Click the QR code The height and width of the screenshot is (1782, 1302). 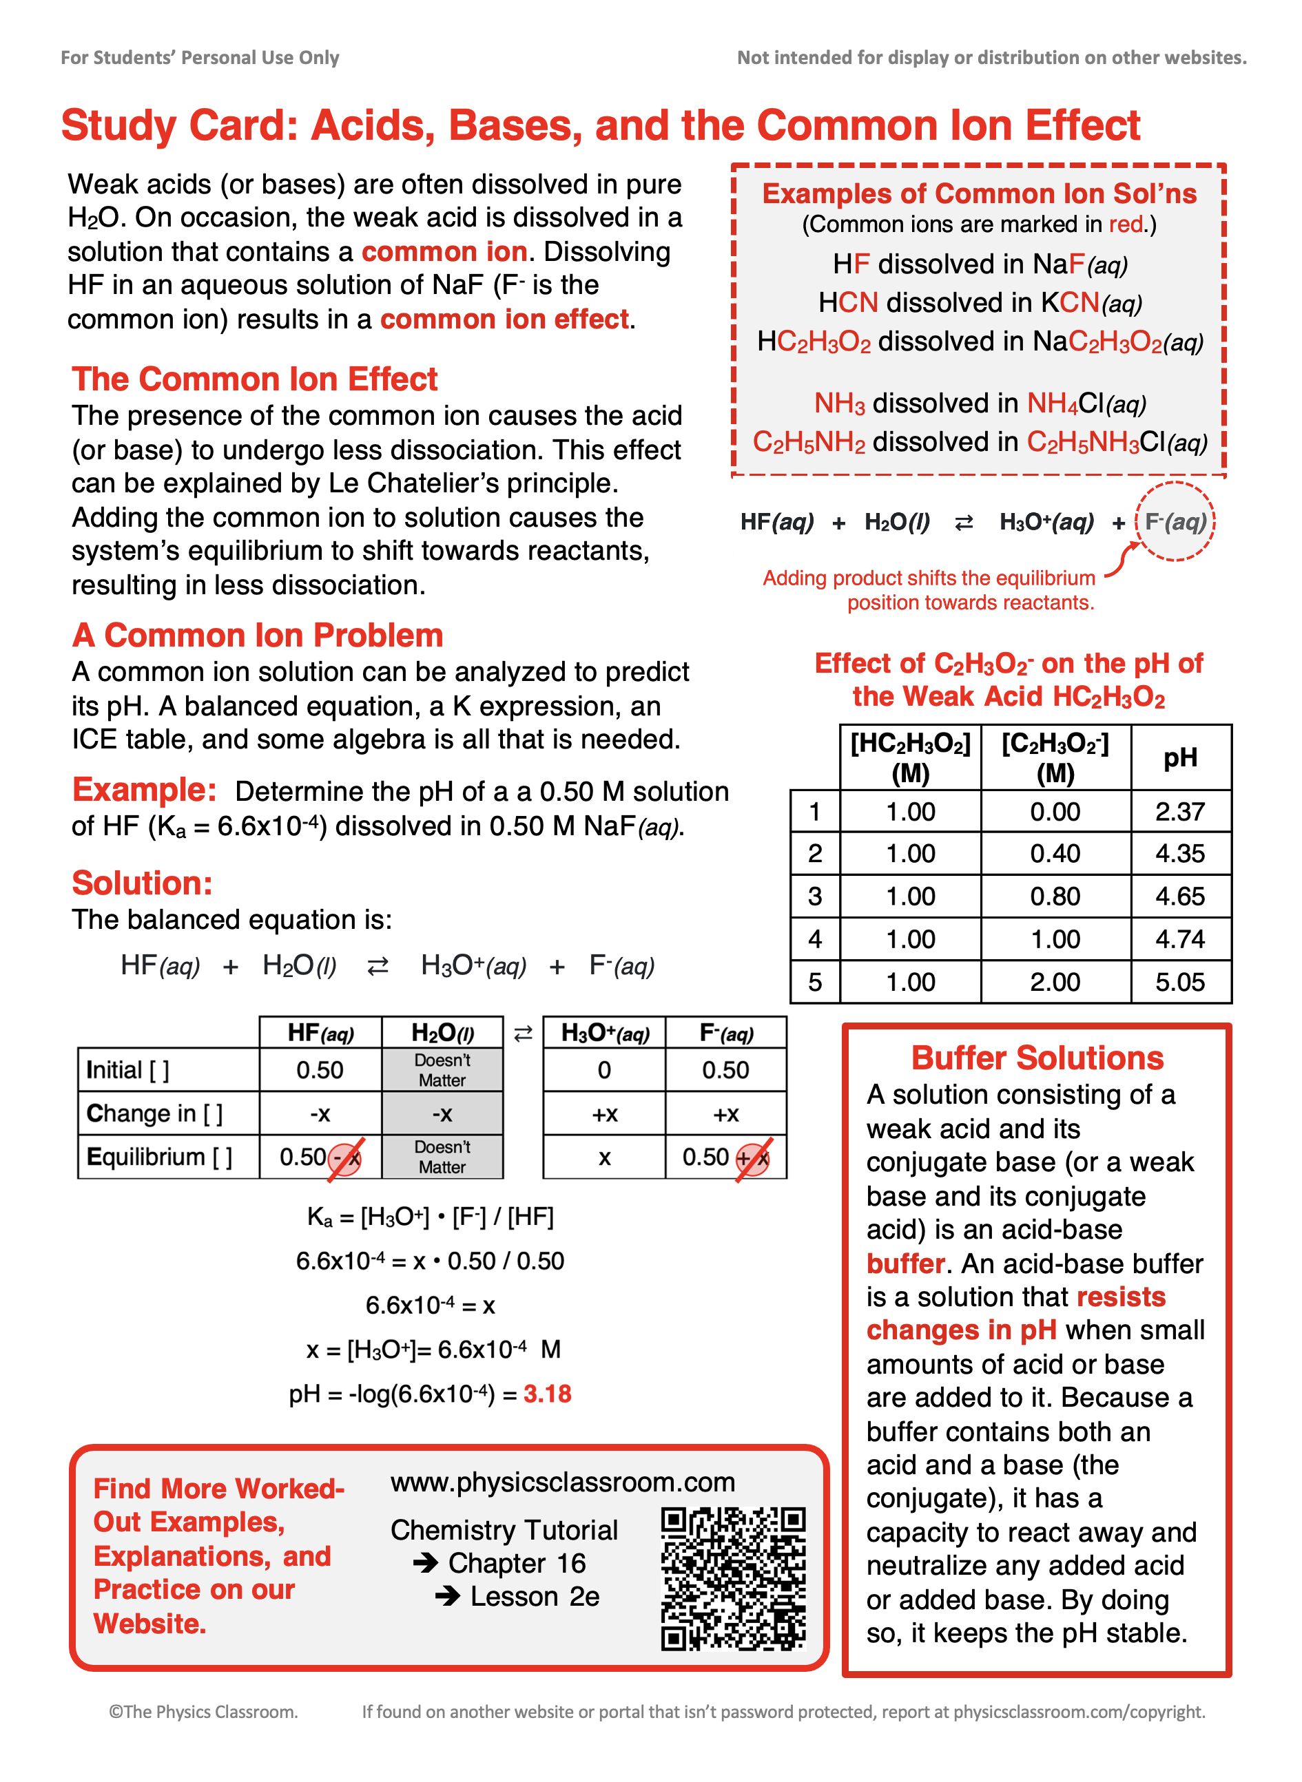[x=733, y=1579]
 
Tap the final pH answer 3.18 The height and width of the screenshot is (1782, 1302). [x=547, y=1394]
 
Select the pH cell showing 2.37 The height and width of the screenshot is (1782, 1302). [x=1180, y=811]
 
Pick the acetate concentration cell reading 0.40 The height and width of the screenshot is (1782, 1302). [x=1055, y=854]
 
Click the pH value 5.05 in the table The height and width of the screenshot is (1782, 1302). [x=1180, y=983]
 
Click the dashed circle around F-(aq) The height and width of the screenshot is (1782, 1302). [x=1175, y=521]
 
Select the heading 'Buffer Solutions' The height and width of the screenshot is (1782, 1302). [x=1037, y=1058]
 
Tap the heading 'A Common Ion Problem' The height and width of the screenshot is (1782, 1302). [x=258, y=635]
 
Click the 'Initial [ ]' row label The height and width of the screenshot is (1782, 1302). [x=127, y=1070]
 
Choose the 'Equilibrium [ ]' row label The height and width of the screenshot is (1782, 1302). [x=159, y=1157]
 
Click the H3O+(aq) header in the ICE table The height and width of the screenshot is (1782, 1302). [x=605, y=1033]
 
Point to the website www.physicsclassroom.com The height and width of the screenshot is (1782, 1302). [x=562, y=1482]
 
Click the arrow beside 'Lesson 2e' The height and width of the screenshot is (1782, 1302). [x=448, y=1597]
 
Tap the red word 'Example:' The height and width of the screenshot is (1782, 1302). [x=144, y=789]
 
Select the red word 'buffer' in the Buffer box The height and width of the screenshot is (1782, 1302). [x=905, y=1264]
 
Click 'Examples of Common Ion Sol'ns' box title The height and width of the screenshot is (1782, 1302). [x=979, y=193]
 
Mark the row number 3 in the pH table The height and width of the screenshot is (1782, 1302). [x=815, y=897]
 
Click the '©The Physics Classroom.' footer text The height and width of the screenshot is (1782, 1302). [x=203, y=1711]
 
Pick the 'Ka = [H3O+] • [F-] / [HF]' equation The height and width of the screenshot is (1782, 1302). [x=431, y=1217]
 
